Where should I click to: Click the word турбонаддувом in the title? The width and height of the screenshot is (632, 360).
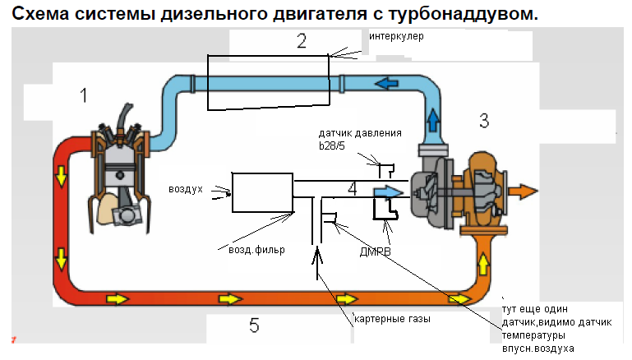point(463,14)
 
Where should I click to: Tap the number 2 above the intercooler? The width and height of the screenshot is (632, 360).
point(302,41)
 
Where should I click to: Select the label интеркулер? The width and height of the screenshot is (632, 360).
point(396,36)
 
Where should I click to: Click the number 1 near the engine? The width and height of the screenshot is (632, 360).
point(84,95)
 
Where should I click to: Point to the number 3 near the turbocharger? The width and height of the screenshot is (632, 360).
point(484,121)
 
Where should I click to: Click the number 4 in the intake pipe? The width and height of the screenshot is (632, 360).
point(353,189)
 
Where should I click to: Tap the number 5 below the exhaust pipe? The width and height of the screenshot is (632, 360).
point(254,325)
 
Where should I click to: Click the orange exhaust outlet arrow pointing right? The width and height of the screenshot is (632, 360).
point(523,192)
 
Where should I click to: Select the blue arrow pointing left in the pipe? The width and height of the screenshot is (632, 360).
point(386,84)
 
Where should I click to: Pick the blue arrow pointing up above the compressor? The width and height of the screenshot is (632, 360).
point(433,120)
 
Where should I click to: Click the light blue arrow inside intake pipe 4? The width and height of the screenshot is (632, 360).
point(388,192)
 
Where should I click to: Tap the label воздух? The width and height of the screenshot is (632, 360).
point(186,190)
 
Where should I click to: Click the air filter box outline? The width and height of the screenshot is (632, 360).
point(232,192)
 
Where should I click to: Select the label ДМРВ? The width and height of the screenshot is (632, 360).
point(376,252)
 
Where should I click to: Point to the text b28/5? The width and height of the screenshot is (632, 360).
point(332,145)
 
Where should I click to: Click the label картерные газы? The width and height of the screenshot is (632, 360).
point(392,319)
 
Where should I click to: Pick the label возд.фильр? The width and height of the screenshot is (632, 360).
point(256,250)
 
